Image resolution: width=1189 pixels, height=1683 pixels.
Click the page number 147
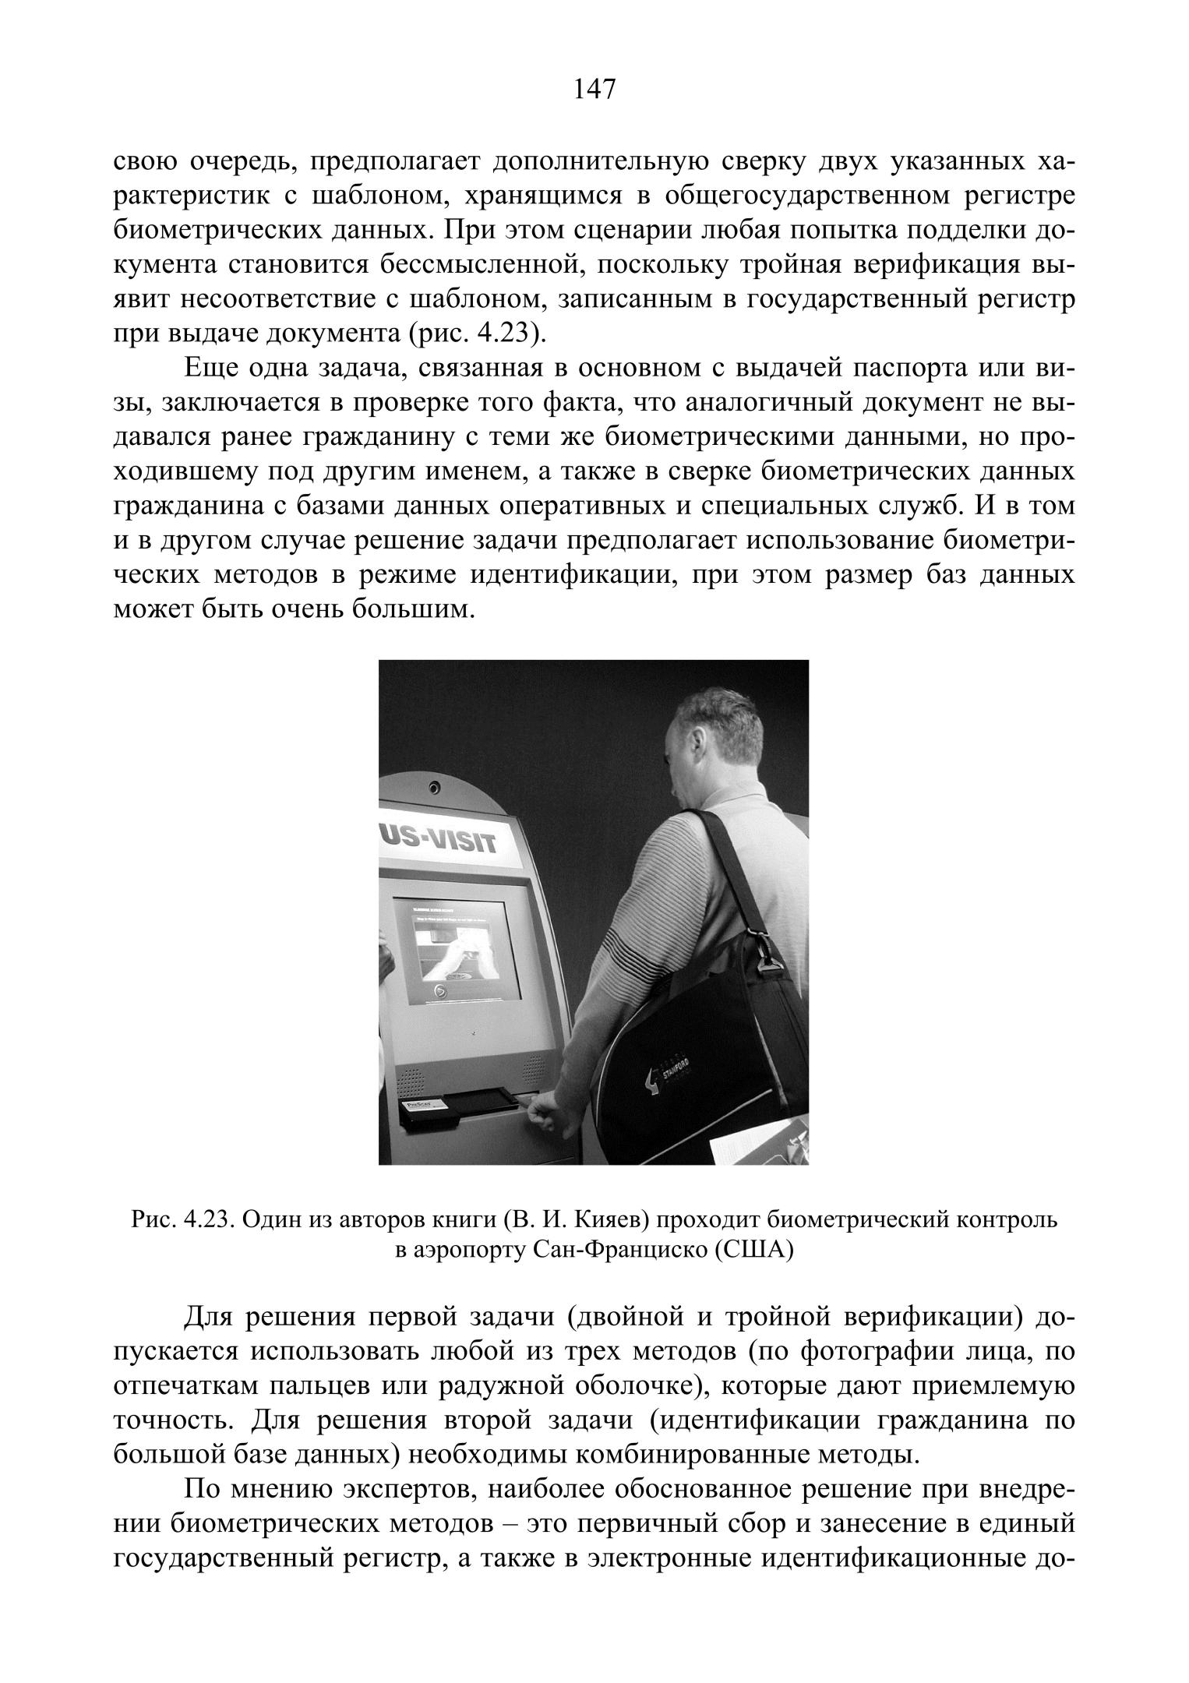pyautogui.click(x=594, y=90)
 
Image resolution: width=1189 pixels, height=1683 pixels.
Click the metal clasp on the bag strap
pyautogui.click(x=767, y=957)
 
